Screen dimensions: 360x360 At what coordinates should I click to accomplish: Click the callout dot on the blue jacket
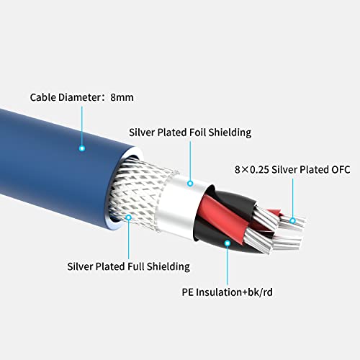tap(82, 147)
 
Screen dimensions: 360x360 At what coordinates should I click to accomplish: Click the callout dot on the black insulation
tap(228, 244)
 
